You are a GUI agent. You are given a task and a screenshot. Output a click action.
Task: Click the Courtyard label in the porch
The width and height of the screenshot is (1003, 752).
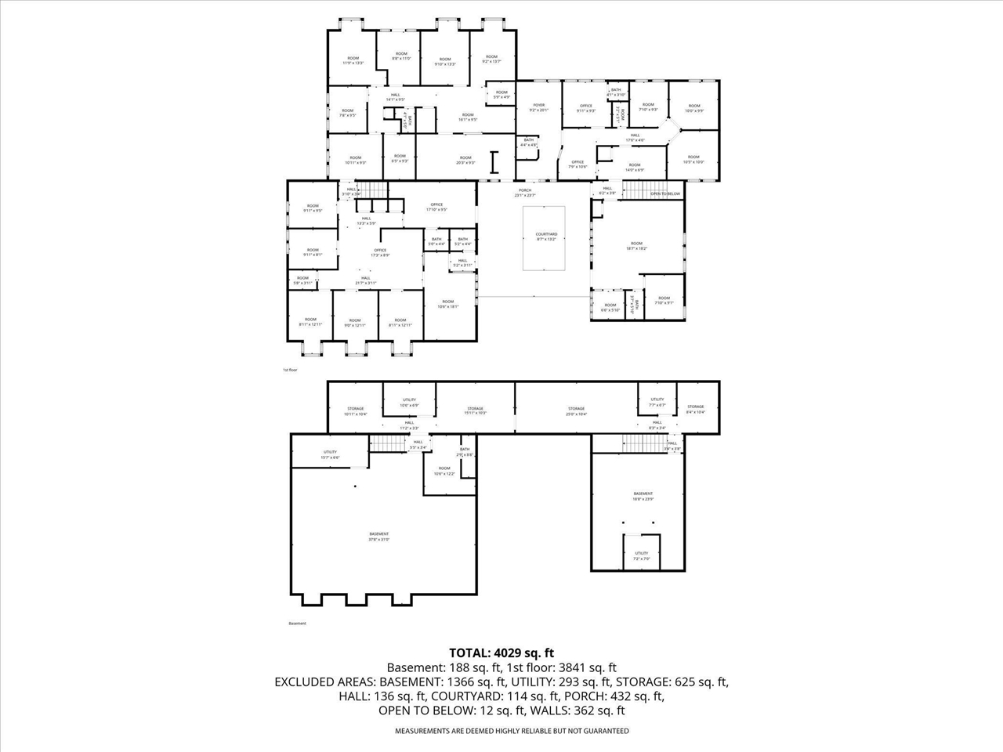pos(546,237)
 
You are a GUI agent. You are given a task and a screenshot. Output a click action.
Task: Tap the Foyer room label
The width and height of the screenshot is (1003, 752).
pos(538,107)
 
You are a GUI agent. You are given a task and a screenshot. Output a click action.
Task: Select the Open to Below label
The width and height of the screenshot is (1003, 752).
pos(664,193)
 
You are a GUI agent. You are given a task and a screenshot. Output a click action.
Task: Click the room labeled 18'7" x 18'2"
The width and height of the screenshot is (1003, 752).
pos(636,246)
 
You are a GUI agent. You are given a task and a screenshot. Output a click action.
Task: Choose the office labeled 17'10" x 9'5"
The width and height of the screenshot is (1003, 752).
pos(436,207)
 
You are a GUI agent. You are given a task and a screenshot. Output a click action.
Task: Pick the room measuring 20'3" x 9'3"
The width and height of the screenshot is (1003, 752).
pos(465,160)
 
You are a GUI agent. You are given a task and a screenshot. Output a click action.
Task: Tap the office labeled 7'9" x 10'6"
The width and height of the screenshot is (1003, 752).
pos(578,164)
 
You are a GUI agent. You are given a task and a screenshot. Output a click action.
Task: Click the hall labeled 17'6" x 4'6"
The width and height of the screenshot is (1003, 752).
pos(635,138)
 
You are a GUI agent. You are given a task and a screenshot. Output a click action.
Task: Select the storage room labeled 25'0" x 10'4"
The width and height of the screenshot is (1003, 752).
pos(577,410)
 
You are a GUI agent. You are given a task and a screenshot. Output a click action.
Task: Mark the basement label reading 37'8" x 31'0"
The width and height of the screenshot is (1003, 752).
pos(378,537)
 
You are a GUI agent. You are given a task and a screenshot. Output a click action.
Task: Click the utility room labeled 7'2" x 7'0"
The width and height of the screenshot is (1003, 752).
pos(641,555)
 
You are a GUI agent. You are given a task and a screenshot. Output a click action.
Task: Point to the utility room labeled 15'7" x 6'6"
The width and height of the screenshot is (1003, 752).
pos(330,454)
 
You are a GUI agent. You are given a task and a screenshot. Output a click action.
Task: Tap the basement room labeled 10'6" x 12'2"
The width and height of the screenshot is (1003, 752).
pos(444,471)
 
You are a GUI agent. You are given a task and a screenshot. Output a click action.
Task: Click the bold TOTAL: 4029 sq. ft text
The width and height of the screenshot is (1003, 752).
pos(501,652)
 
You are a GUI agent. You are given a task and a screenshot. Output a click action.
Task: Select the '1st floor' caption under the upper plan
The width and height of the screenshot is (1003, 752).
pos(290,369)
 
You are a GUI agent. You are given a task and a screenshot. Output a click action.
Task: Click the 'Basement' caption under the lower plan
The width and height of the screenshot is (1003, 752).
pos(298,624)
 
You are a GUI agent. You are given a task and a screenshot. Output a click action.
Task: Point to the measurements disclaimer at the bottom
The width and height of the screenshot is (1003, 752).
pos(511,731)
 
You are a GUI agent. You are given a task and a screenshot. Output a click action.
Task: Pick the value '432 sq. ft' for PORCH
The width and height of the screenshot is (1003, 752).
pos(637,696)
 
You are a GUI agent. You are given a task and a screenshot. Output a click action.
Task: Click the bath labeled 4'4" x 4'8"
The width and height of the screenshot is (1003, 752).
pos(529,142)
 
